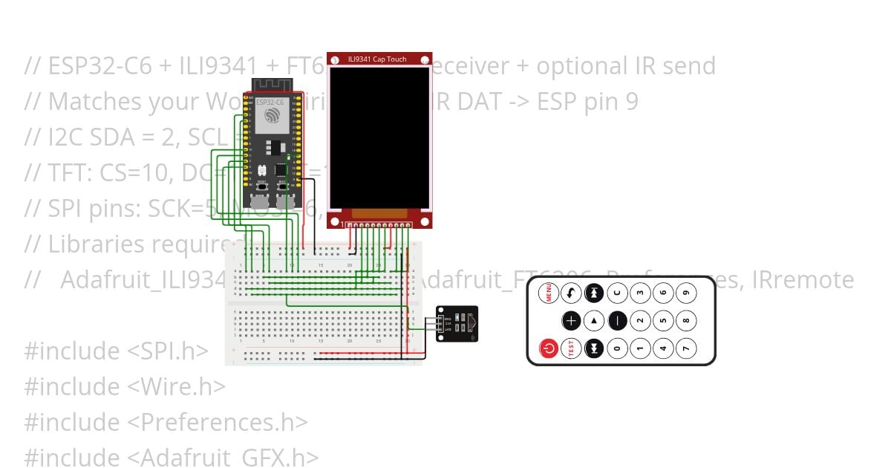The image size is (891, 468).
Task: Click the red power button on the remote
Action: (x=549, y=348)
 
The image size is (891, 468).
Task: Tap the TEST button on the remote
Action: (x=571, y=348)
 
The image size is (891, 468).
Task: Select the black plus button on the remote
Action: (x=571, y=321)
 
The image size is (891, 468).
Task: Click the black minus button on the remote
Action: (x=618, y=321)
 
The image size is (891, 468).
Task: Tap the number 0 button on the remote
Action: (x=618, y=348)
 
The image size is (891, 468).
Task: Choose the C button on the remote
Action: (x=618, y=293)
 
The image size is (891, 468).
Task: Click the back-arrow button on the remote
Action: (x=571, y=293)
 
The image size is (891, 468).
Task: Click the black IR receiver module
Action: (x=457, y=324)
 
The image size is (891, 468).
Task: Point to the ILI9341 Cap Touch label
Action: (x=377, y=59)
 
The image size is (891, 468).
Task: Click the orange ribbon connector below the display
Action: (x=379, y=213)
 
